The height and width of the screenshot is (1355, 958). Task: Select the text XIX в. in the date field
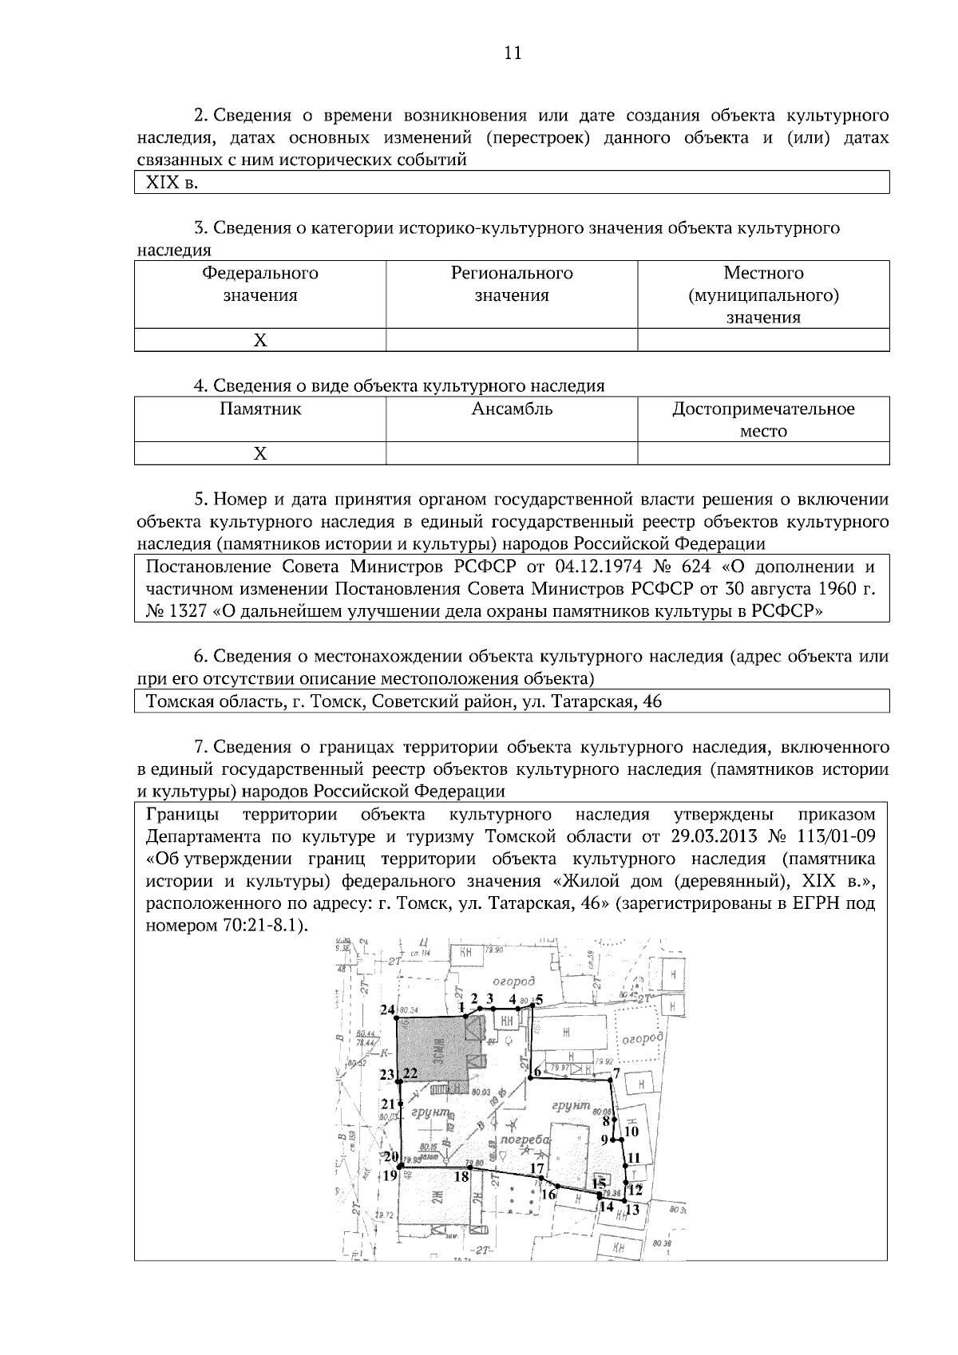[171, 183]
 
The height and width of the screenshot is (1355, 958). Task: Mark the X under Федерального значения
[260, 341]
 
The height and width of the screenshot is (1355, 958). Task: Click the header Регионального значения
[512, 284]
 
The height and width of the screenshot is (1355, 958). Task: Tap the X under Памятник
[260, 454]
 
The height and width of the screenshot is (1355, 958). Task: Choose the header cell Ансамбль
[512, 409]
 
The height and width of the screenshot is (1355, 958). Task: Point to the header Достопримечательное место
[763, 420]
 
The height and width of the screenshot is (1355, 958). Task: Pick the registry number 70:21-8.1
[260, 926]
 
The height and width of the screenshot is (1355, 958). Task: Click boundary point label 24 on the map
[387, 1010]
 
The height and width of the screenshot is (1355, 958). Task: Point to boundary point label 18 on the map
[461, 1175]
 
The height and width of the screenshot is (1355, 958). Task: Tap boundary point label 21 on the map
[387, 1104]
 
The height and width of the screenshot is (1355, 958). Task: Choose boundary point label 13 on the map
[633, 1209]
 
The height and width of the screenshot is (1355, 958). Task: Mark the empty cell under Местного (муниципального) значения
[763, 341]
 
